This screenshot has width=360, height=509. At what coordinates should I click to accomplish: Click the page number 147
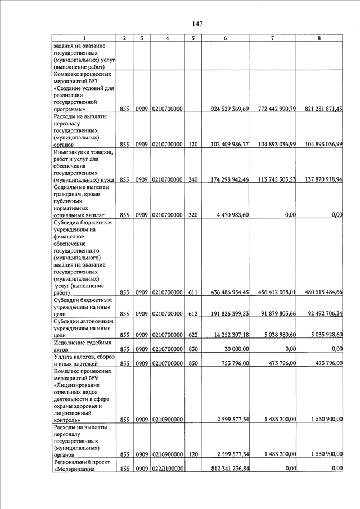click(x=197, y=24)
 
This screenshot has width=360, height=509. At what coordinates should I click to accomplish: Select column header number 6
click(x=225, y=38)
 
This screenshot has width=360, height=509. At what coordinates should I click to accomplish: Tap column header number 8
click(x=319, y=38)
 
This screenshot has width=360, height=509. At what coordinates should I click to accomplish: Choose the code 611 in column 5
click(x=193, y=292)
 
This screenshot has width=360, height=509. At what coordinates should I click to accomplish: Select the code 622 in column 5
click(x=193, y=335)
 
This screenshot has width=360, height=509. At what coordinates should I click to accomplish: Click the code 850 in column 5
click(x=193, y=363)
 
